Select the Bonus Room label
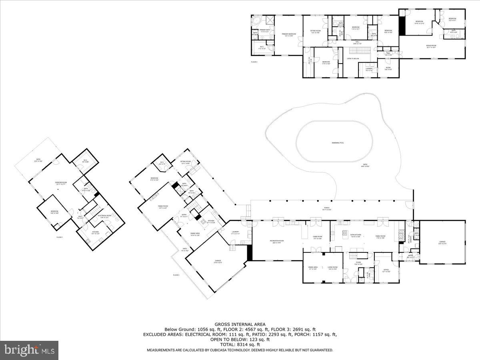(431, 46)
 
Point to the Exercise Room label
(61, 182)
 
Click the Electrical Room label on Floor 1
(104, 216)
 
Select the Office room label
(386, 270)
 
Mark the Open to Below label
(353, 59)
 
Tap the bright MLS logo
(29, 350)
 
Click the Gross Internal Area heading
(240, 324)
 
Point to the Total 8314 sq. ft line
(240, 344)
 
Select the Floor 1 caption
(60, 238)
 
